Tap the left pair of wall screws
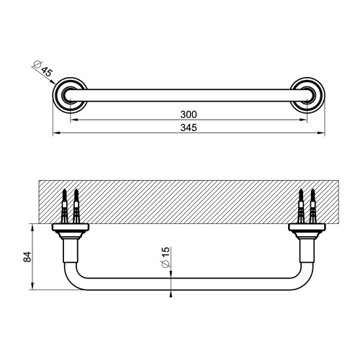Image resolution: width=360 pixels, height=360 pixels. (x=70, y=204)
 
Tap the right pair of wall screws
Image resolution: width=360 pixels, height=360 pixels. (x=307, y=204)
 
